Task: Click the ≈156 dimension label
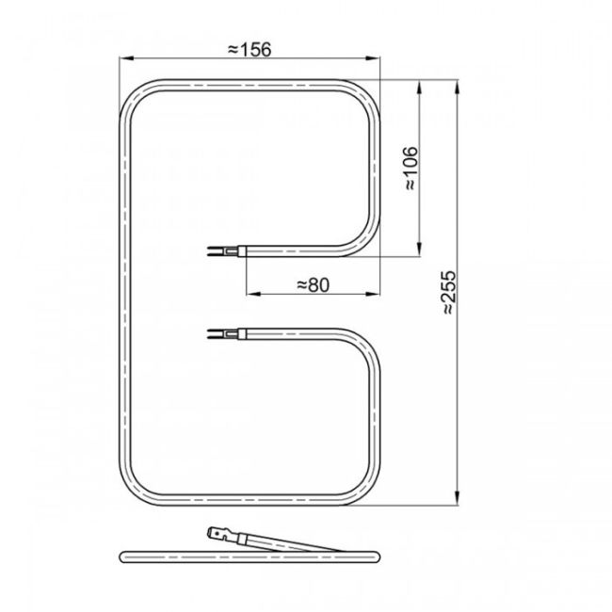click(250, 50)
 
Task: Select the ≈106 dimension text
click(411, 169)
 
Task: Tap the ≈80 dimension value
click(314, 285)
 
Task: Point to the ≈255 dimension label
click(449, 292)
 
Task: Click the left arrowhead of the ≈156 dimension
click(127, 58)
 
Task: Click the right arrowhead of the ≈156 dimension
click(372, 58)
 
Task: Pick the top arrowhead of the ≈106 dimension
click(420, 89)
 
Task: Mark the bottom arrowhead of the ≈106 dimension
click(420, 249)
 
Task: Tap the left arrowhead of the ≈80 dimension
click(253, 294)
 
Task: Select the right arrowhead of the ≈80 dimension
click(372, 294)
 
